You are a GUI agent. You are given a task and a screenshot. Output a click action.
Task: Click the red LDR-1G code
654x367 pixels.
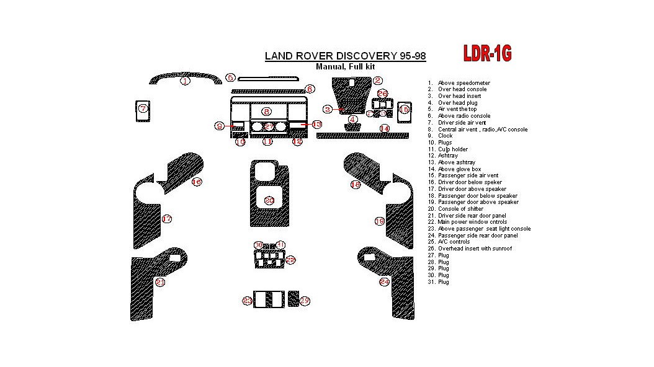tap(488, 55)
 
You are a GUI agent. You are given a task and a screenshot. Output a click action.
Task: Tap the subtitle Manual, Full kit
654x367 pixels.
tap(345, 67)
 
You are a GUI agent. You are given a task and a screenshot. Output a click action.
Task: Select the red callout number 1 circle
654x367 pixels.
tap(185, 81)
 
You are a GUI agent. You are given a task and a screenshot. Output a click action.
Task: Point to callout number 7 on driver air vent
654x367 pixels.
tap(143, 108)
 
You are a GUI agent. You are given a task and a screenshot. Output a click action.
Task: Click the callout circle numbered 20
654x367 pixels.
tap(269, 200)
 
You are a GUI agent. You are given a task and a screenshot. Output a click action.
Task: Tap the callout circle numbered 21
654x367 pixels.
tap(161, 282)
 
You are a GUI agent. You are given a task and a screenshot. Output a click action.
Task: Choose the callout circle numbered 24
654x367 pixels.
tap(385, 282)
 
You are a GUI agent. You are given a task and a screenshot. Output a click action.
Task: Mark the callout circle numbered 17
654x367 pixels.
tap(167, 219)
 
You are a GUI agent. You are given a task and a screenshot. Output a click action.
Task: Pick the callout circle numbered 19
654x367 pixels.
tap(379, 221)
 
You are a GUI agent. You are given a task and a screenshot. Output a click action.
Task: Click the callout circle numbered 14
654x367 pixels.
tap(385, 129)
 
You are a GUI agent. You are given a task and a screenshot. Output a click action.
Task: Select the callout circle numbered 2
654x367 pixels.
tap(378, 80)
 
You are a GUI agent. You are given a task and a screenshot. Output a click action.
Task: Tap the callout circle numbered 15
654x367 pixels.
tap(404, 109)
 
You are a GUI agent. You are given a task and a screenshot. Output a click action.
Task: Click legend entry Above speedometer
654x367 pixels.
tap(464, 82)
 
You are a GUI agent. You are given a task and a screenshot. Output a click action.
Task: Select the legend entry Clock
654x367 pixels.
tap(445, 136)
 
